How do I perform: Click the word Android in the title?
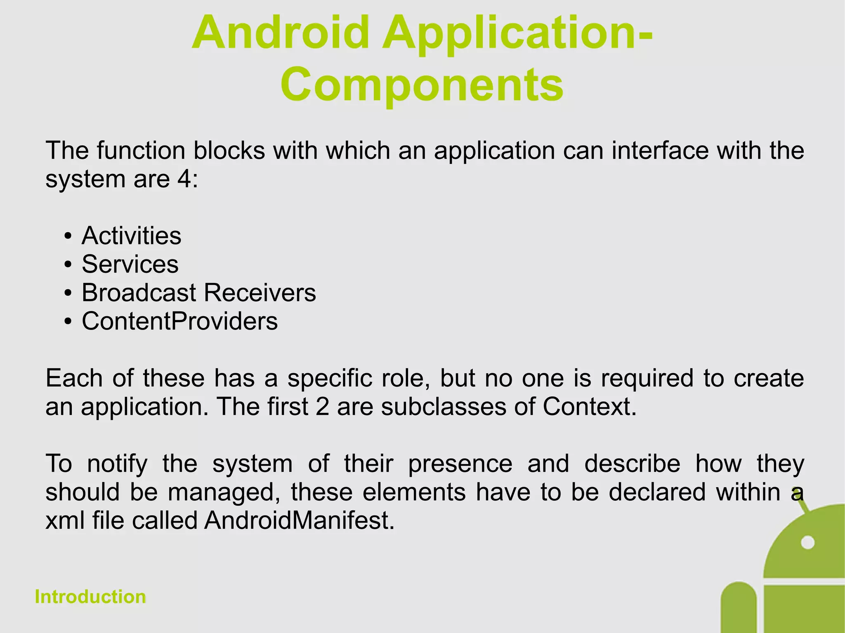[x=281, y=33]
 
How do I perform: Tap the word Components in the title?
[x=422, y=85]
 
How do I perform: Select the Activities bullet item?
[x=131, y=236]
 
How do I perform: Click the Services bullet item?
[x=130, y=264]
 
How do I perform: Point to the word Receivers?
[x=260, y=293]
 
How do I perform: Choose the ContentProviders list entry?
[x=179, y=321]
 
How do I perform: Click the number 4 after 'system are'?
[x=184, y=179]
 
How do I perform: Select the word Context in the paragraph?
[x=589, y=407]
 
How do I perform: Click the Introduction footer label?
[x=90, y=597]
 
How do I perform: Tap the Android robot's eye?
[x=807, y=542]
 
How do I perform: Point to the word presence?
[x=460, y=464]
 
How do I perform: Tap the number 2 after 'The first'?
[x=322, y=407]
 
